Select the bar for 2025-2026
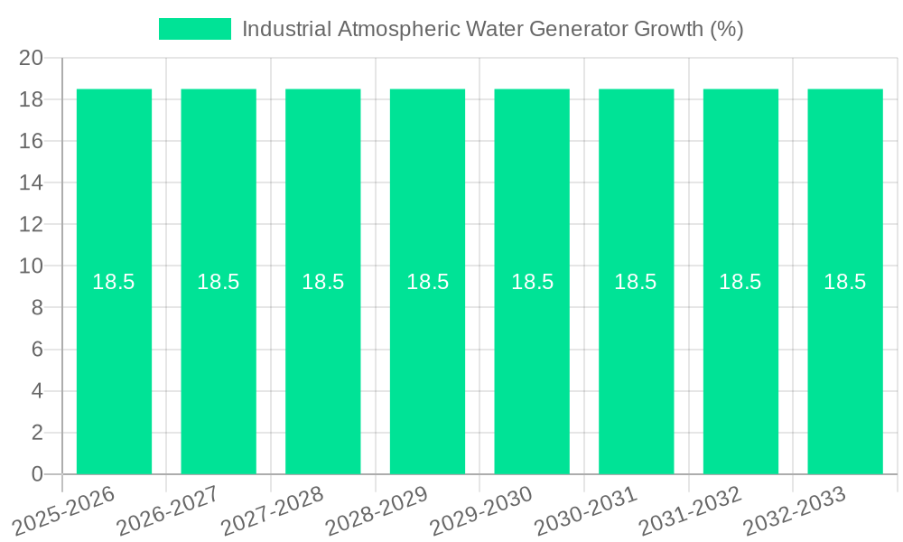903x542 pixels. pyautogui.click(x=114, y=361)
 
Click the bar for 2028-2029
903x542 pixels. pyautogui.click(x=427, y=361)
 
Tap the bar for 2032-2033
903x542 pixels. pyautogui.click(x=845, y=361)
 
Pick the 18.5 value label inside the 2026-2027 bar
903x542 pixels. pyautogui.click(x=219, y=282)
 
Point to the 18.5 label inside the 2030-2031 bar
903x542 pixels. pyautogui.click(x=636, y=282)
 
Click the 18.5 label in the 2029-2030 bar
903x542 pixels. pyautogui.click(x=532, y=282)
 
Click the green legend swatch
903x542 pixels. pyautogui.click(x=194, y=29)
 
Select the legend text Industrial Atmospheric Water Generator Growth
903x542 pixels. pyautogui.click(x=492, y=29)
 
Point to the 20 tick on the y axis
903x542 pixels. pyautogui.click(x=32, y=58)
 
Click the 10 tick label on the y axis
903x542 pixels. pyautogui.click(x=32, y=266)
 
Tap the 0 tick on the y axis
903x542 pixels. pyautogui.click(x=37, y=474)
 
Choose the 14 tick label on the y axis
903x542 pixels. pyautogui.click(x=32, y=182)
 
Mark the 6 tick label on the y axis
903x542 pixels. pyautogui.click(x=37, y=350)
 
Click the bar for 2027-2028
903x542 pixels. pyautogui.click(x=323, y=361)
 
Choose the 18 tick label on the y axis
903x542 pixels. pyautogui.click(x=32, y=99)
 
